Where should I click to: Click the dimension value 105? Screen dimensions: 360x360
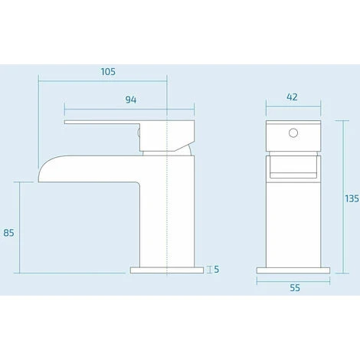107,71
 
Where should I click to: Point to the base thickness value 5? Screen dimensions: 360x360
218,269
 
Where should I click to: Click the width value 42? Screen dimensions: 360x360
291,97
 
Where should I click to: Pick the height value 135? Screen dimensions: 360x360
351,198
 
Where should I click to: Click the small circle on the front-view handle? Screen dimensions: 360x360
291,133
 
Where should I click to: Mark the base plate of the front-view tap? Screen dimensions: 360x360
294,269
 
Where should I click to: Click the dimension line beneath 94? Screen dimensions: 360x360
115,107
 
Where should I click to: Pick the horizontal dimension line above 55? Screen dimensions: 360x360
294,281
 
